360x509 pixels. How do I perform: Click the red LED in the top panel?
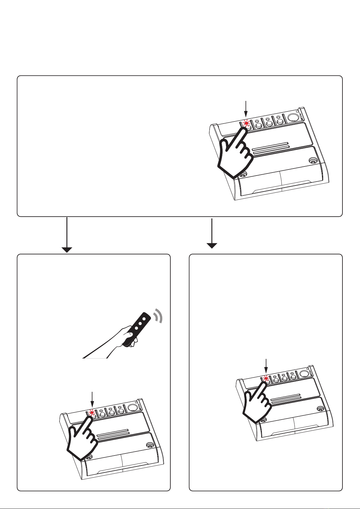(246, 123)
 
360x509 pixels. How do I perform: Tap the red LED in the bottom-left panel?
(92, 412)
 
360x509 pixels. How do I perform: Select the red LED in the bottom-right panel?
(266, 378)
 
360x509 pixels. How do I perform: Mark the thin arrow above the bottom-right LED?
(266, 366)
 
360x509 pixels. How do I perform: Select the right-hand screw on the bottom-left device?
(149, 445)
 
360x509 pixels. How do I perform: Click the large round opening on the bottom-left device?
(132, 408)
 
